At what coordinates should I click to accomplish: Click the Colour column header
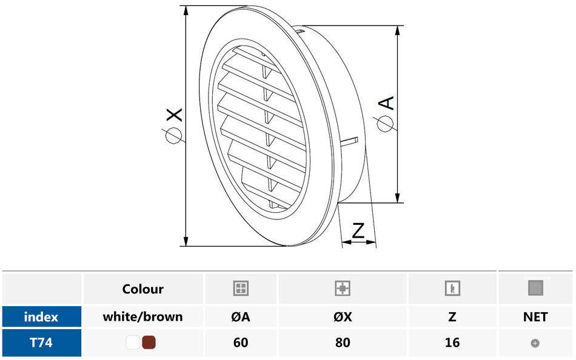click(x=142, y=289)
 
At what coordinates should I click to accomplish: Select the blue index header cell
click(x=41, y=316)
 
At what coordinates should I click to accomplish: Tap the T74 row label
click(x=41, y=342)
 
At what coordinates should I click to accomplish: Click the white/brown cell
click(x=142, y=316)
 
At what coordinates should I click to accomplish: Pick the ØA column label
click(x=241, y=316)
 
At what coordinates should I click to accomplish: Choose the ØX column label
click(x=343, y=316)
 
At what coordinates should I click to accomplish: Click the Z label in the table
click(x=452, y=316)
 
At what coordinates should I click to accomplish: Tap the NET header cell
click(x=535, y=316)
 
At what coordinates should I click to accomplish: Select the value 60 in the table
click(x=241, y=342)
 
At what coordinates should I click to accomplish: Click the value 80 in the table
click(x=343, y=342)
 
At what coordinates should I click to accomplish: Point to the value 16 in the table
click(x=452, y=342)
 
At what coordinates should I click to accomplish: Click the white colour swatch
click(x=133, y=342)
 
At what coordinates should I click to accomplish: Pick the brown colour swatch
click(x=149, y=342)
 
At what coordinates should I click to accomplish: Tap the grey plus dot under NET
click(x=535, y=343)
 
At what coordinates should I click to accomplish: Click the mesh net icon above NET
click(x=535, y=288)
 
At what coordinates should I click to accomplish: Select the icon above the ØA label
click(x=241, y=288)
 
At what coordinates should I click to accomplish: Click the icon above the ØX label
click(x=343, y=288)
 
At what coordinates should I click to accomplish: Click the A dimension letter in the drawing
click(x=386, y=103)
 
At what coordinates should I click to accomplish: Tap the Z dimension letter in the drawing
click(x=358, y=230)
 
